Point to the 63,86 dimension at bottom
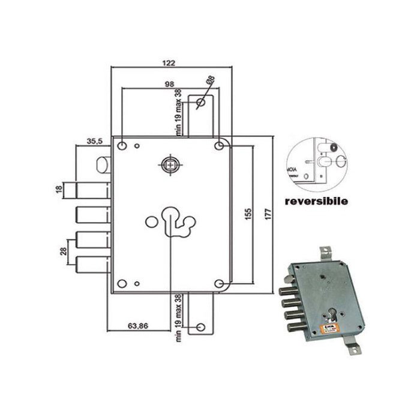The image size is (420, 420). [x=137, y=326]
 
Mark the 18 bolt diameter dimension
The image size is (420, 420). [x=59, y=189]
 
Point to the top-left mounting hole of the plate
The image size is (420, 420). [x=122, y=146]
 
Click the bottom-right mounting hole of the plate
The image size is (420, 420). [x=220, y=284]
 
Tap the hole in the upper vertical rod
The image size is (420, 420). [x=200, y=104]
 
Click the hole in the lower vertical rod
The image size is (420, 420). [x=200, y=328]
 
